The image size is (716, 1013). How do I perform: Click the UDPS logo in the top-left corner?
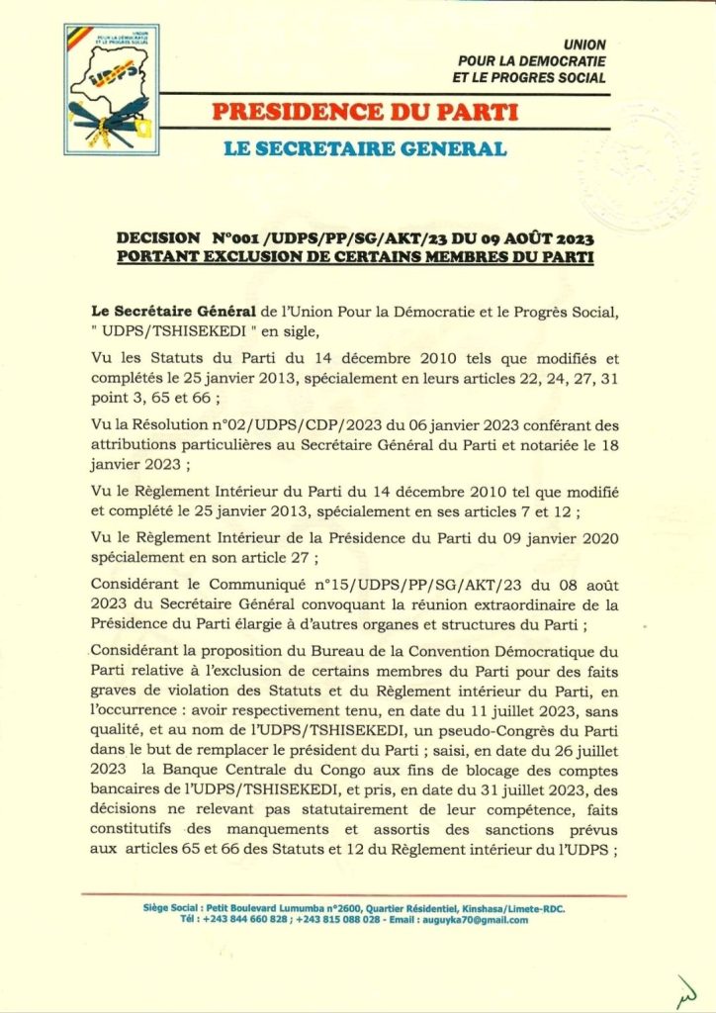pyautogui.click(x=111, y=89)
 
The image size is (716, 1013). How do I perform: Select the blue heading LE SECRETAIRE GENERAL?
pyautogui.click(x=365, y=149)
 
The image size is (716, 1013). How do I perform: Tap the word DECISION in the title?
pyautogui.click(x=156, y=238)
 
